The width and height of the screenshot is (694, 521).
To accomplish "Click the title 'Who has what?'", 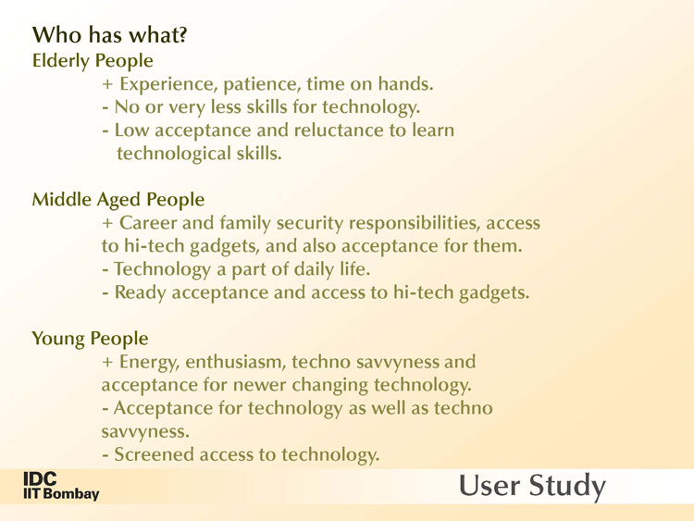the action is coord(110,35).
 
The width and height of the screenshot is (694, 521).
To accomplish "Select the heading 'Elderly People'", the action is coord(93,61).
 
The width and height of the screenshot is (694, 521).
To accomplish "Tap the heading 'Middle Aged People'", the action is coord(118,200).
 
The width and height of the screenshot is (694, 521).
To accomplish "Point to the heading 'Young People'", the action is coord(90,339).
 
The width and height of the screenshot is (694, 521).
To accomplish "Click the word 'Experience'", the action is coord(168,84).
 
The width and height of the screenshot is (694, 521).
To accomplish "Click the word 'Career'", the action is coord(148,223).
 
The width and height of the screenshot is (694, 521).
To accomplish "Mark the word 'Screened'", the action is coord(154,454).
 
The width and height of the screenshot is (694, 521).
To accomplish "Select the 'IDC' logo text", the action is coord(40,478).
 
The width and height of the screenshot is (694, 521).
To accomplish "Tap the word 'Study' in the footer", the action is coord(567,486).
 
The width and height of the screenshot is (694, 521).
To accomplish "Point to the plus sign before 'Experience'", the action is coord(107,84).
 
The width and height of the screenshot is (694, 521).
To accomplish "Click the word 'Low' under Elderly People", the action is coord(132,130).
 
